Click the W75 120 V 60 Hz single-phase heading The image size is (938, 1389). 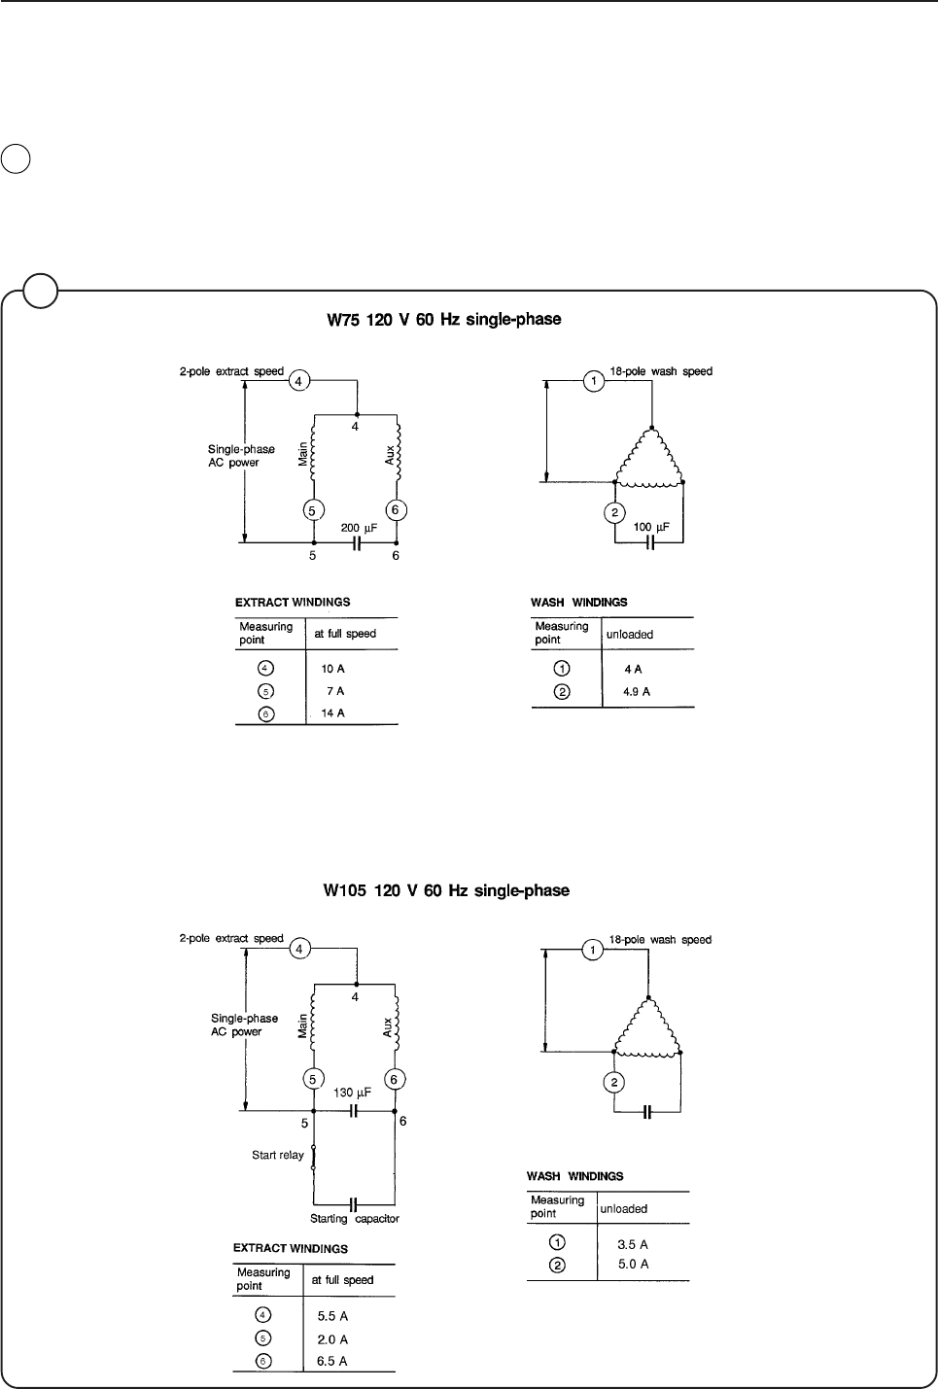coord(442,319)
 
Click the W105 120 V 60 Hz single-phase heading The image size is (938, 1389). coord(446,890)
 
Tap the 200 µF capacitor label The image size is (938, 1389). coord(359,528)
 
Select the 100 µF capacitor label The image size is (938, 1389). coord(651,527)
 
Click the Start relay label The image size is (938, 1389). coord(278,1156)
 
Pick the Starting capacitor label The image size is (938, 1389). coord(355,1219)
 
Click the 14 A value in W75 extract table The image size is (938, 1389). coord(332,713)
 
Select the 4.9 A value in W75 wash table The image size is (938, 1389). coord(637,692)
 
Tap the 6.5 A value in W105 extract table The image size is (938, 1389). coord(332,1362)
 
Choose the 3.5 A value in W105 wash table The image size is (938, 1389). coord(633,1244)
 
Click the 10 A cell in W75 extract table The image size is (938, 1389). coord(332,670)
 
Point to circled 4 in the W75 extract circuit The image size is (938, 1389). coord(301,381)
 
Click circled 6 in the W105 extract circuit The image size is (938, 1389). coord(395,1079)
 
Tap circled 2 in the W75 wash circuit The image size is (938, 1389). coord(613,513)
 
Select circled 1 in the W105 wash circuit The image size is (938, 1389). coord(592,950)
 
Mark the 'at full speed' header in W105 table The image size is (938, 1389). coord(342,1280)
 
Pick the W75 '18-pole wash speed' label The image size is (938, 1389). coord(661,371)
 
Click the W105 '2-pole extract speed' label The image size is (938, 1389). coord(231,939)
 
